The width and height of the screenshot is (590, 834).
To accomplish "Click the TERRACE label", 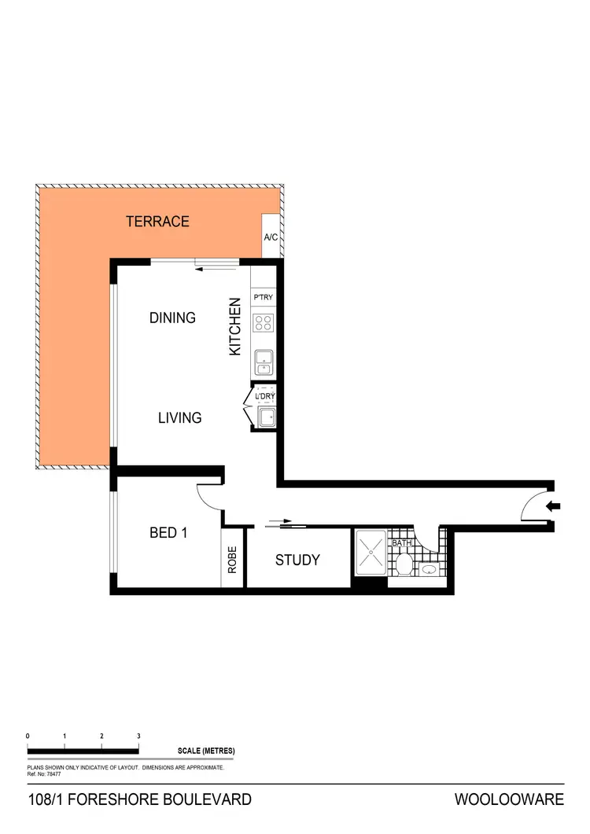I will (x=157, y=222).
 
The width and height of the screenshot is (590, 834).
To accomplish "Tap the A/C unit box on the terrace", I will (x=271, y=237).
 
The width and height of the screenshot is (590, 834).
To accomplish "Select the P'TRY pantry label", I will (x=263, y=298).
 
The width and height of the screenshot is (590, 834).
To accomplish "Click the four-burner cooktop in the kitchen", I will (x=263, y=322).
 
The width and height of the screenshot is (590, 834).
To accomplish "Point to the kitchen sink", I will (x=263, y=362).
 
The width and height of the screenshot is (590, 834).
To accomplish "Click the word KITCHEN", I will (x=234, y=327).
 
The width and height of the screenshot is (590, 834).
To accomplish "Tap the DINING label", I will (x=172, y=318).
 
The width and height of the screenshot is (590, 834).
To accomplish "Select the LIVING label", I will (x=179, y=418).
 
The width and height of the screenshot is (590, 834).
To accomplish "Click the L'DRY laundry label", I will (x=264, y=397).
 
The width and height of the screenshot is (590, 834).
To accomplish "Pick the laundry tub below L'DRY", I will (x=265, y=417).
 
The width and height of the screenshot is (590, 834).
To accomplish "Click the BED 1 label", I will (x=168, y=533).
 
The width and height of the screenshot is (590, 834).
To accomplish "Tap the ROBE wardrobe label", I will (x=233, y=566).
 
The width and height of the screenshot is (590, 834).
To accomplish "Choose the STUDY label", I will (x=297, y=560).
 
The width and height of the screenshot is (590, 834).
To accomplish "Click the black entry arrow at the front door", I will (x=554, y=507).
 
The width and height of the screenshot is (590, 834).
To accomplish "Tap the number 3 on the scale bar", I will (x=138, y=736).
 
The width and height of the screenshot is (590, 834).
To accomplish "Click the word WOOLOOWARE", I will (x=509, y=800).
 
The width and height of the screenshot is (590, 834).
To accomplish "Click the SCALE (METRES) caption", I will (x=206, y=751).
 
